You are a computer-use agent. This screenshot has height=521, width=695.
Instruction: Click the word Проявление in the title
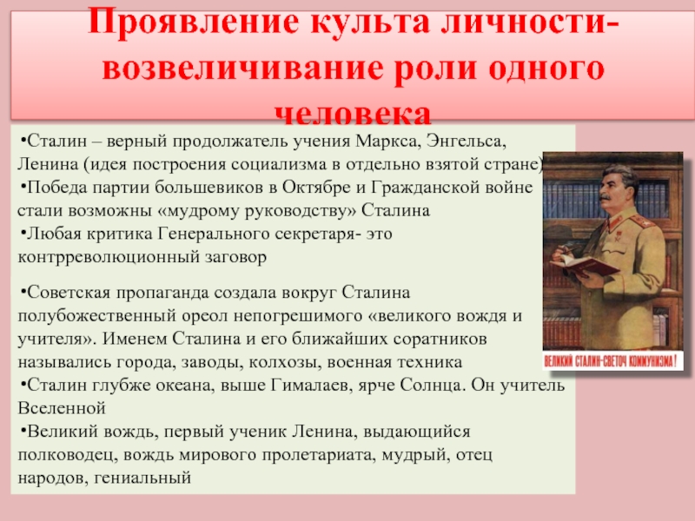click(x=193, y=23)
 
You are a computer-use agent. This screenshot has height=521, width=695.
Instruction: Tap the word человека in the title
click(x=353, y=114)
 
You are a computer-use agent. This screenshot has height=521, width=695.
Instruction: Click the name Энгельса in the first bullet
click(x=467, y=142)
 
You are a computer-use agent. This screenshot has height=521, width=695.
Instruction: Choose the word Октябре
click(x=316, y=188)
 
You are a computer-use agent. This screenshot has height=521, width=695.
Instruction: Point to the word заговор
click(x=235, y=258)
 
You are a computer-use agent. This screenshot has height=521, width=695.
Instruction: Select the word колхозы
click(x=285, y=363)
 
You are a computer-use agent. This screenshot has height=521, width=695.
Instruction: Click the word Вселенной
click(x=62, y=408)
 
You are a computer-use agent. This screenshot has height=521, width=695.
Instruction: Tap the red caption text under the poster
click(x=611, y=361)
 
